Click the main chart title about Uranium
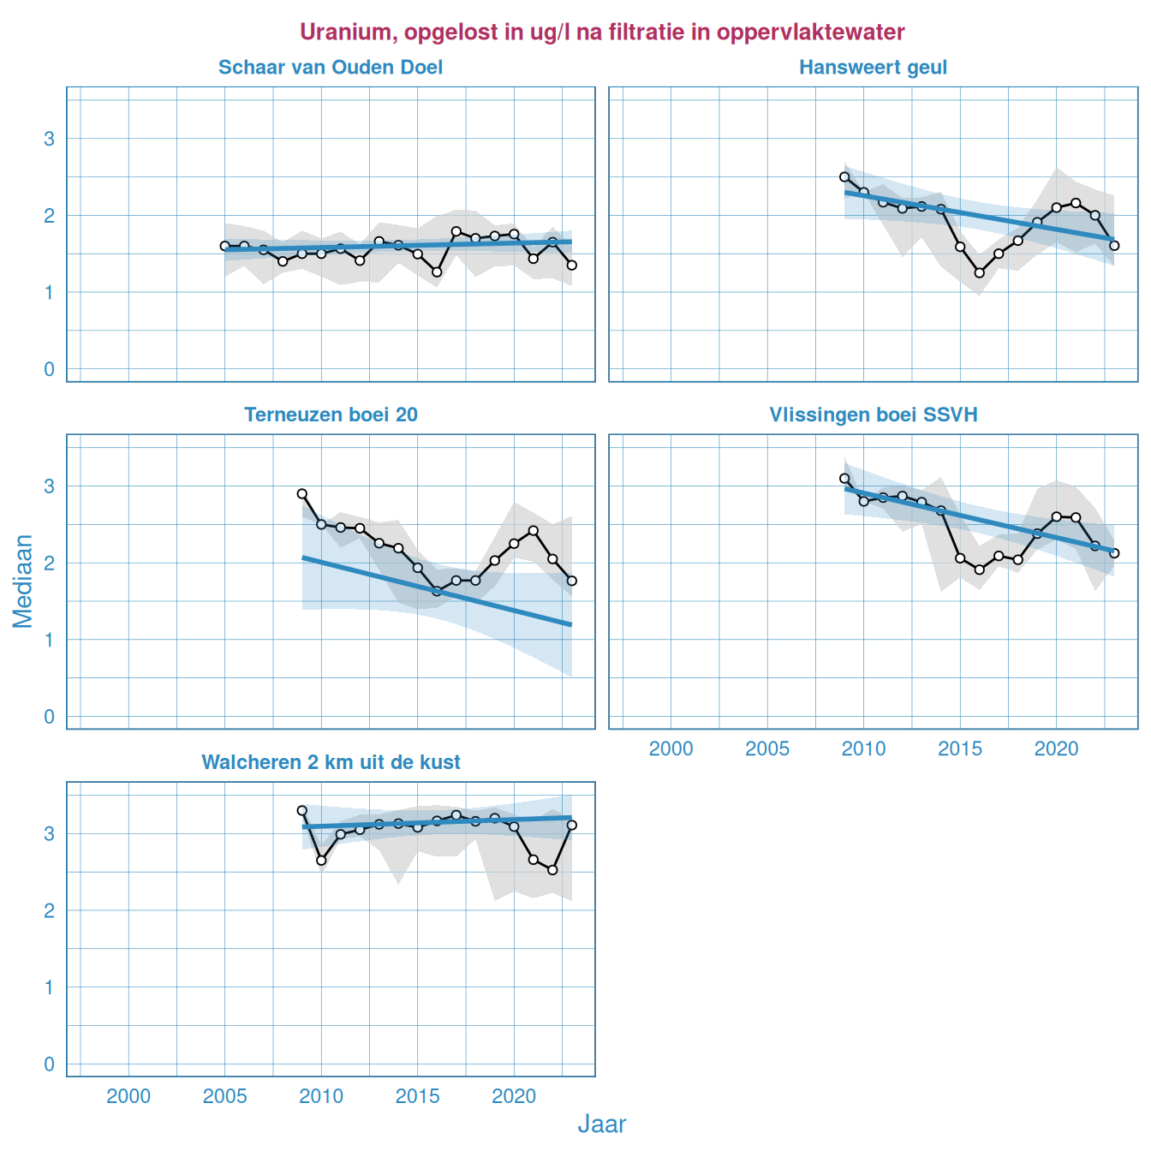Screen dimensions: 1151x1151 click(x=601, y=33)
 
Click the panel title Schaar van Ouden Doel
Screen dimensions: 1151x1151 click(x=331, y=68)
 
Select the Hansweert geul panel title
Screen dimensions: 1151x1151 click(x=873, y=68)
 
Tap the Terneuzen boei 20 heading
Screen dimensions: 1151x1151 click(x=331, y=415)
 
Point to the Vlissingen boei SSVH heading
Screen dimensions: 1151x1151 click(x=873, y=415)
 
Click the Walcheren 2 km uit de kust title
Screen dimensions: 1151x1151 click(x=331, y=762)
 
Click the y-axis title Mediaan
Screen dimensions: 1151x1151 click(x=23, y=581)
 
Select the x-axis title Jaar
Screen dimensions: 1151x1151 click(x=601, y=1124)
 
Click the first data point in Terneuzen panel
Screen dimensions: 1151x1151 click(x=302, y=494)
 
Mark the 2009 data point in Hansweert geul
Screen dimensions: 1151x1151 click(x=844, y=177)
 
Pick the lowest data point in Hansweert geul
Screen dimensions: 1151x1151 click(x=980, y=273)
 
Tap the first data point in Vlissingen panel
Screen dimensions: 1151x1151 click(x=844, y=479)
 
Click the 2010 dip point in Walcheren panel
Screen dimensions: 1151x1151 click(x=322, y=861)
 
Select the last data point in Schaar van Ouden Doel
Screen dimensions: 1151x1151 click(x=572, y=265)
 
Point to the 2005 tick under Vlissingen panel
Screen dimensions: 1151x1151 click(x=766, y=748)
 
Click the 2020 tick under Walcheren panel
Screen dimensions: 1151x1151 click(x=514, y=1096)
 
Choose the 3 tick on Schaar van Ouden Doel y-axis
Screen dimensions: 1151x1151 click(x=50, y=139)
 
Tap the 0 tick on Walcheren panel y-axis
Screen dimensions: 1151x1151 click(x=50, y=1065)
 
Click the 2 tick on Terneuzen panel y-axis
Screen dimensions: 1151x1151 click(x=50, y=563)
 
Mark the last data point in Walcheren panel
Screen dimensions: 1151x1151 click(x=572, y=826)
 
